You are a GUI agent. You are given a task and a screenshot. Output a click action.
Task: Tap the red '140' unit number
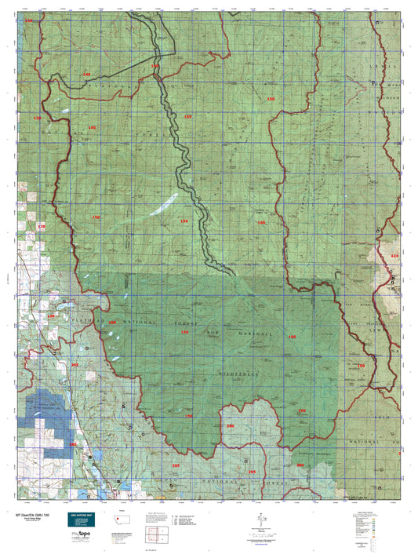[86, 75]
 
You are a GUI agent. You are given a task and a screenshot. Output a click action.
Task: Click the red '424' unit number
[394, 256]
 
